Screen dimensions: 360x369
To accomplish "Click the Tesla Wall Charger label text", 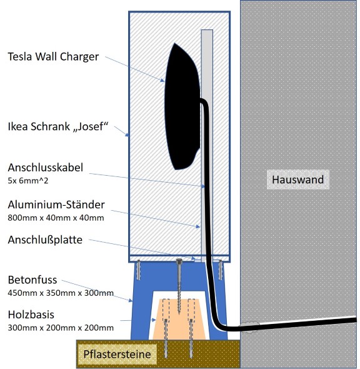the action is (53, 57).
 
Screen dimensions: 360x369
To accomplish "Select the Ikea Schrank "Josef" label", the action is (58, 126).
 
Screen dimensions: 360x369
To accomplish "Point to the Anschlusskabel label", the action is (46, 168).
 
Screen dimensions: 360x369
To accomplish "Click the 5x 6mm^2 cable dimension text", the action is (28, 181).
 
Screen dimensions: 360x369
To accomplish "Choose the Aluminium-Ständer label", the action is (56, 205).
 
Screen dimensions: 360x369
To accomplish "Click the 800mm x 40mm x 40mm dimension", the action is (56, 218).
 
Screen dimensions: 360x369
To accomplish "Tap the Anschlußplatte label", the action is (45, 240).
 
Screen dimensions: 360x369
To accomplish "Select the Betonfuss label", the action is (32, 280).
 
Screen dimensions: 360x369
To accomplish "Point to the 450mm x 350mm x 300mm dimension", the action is (61, 293).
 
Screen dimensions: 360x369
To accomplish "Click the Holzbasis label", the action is (31, 315).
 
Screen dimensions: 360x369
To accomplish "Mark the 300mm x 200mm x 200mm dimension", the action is (61, 328).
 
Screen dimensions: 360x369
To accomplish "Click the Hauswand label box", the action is (297, 179).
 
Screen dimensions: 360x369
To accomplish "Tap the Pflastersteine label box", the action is (117, 354).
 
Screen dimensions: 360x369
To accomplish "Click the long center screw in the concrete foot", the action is (179, 286).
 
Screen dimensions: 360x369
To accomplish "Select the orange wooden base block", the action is (179, 320).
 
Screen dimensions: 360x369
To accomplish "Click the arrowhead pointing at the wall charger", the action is (162, 81).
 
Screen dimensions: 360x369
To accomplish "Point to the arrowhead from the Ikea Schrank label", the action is (127, 135).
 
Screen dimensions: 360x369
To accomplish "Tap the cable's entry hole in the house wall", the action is (249, 326).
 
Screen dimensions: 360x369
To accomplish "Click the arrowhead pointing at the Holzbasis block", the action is (154, 320).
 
